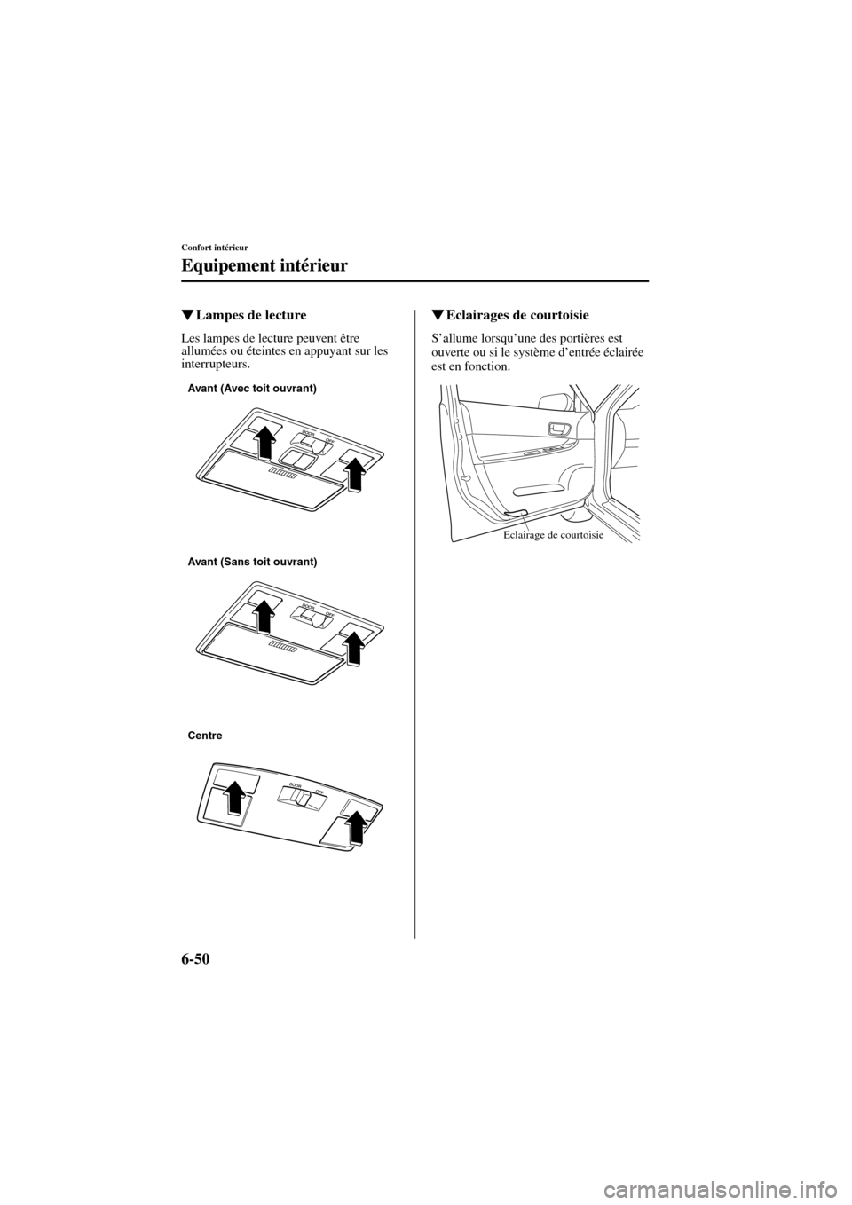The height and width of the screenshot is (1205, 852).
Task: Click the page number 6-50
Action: coord(204,960)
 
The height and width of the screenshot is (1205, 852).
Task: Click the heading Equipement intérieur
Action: coord(264,265)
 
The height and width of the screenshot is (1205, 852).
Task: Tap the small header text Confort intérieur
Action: coord(215,247)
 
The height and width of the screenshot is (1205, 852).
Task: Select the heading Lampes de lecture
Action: coord(244,315)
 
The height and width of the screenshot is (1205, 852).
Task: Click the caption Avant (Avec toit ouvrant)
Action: coord(252,390)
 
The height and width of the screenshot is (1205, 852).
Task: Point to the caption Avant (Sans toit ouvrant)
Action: coord(252,563)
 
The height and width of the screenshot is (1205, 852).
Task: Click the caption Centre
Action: coord(205,736)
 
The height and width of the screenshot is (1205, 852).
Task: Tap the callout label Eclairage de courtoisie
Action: coord(553,535)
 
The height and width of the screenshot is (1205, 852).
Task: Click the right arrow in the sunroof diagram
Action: coord(353,470)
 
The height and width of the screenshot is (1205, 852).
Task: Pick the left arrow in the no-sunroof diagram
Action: coord(264,613)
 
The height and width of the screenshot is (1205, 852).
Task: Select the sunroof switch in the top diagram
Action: coord(295,458)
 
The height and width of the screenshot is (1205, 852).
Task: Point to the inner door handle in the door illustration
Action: coord(559,430)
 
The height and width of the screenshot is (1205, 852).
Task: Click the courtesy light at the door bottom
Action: coord(514,513)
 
